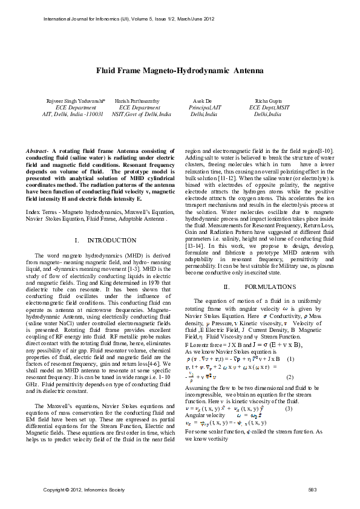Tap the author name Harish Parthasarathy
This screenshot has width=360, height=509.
[139, 100]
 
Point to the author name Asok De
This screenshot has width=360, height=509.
[202, 100]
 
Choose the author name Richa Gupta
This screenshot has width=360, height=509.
[267, 100]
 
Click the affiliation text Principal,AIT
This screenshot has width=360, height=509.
[205, 107]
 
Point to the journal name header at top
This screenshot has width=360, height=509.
[121, 19]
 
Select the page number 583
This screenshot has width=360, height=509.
[313, 488]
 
